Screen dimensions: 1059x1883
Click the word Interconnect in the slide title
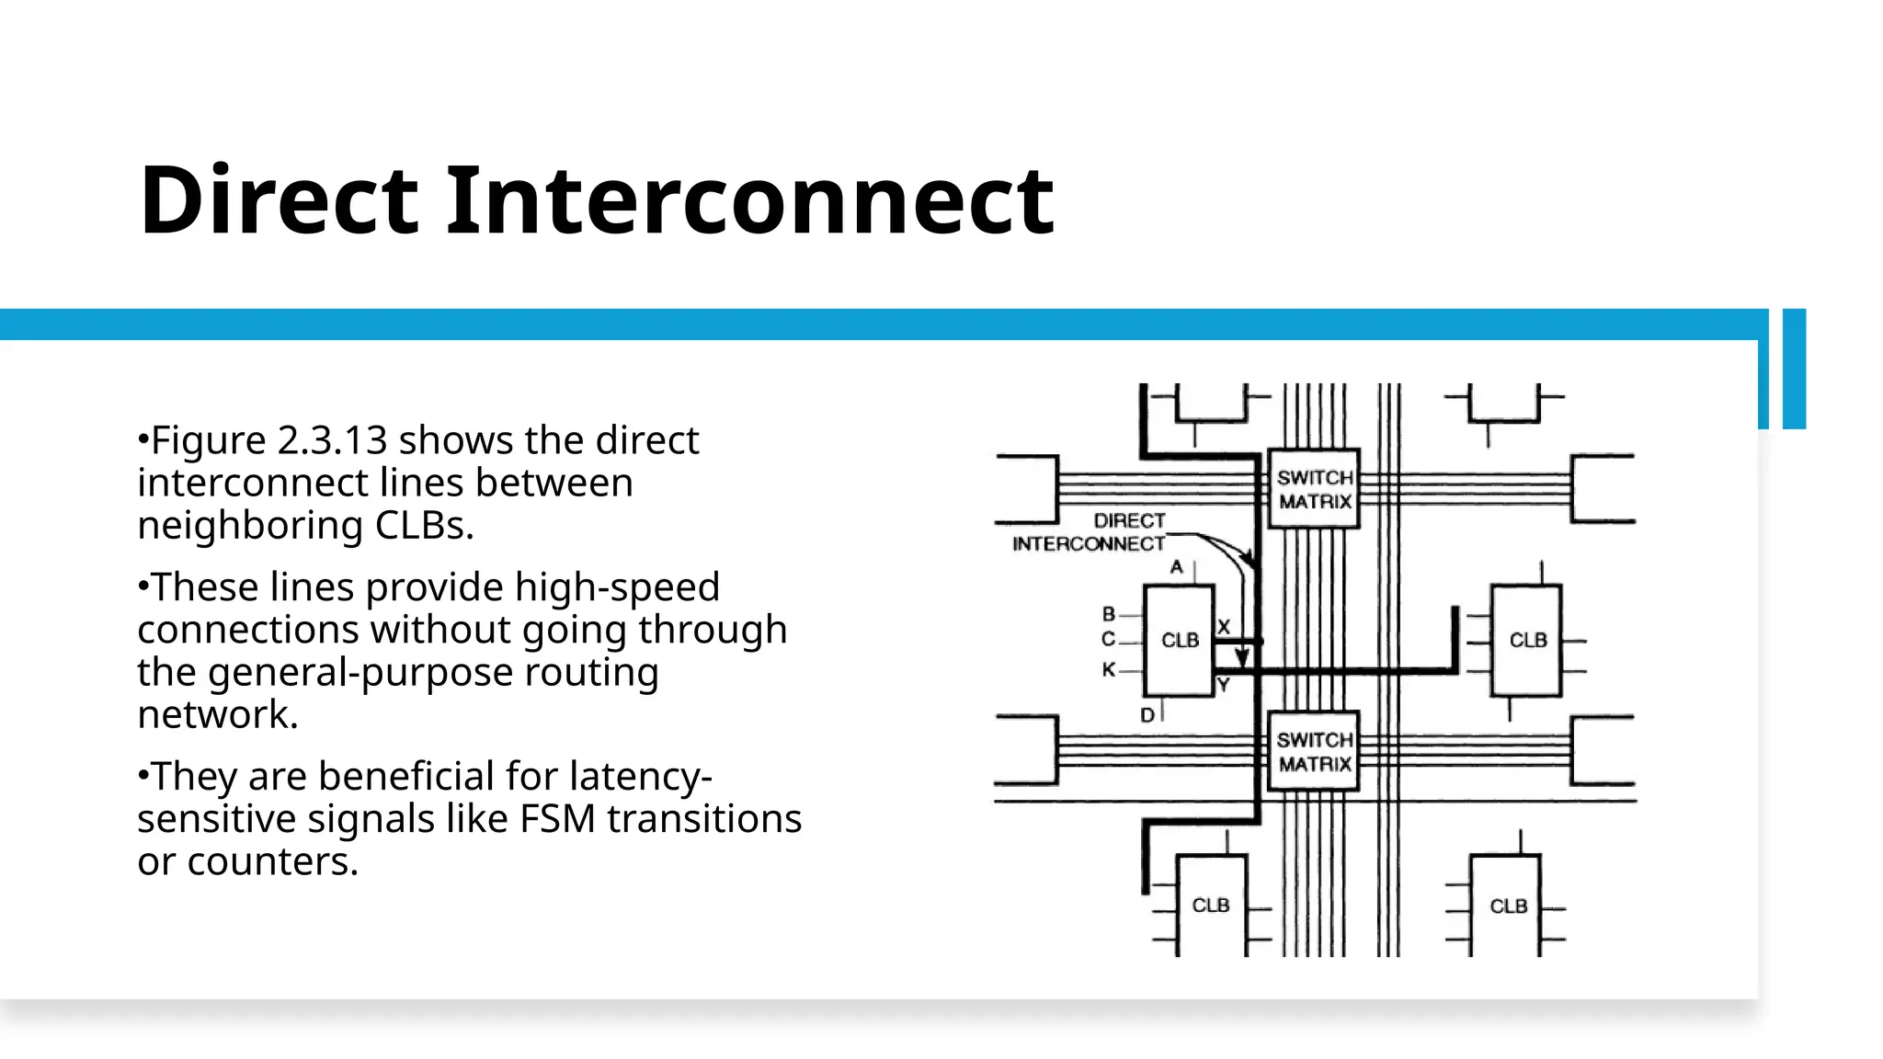[749, 200]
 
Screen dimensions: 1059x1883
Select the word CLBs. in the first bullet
[424, 525]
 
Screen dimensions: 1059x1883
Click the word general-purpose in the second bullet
[359, 672]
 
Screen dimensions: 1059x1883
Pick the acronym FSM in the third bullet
[558, 819]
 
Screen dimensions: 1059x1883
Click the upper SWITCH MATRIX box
[1314, 489]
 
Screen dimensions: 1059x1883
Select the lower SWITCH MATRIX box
[1314, 751]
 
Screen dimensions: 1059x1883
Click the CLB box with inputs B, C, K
[1179, 640]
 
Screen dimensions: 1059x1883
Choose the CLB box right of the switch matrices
[1526, 640]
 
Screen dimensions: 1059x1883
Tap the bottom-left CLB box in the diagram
[1211, 905]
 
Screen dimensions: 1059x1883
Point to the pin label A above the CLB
[1176, 567]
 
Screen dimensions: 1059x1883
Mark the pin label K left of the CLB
[1109, 669]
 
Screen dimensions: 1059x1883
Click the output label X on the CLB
[1224, 626]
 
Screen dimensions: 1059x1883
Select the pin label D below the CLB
[1147, 714]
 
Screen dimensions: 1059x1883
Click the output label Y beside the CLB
[1223, 684]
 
